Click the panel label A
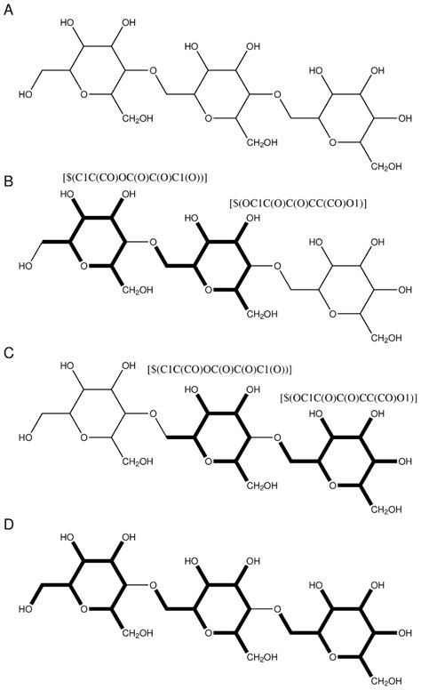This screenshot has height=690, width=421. coord(8,9)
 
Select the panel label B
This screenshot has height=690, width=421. coord(8,181)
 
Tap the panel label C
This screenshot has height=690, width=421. coord(8,353)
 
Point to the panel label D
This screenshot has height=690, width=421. coord(8,525)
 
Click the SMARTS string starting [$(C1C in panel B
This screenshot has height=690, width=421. coord(135,177)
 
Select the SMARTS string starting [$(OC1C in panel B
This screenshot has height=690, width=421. coord(298,204)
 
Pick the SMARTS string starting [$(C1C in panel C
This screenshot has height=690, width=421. coord(219,369)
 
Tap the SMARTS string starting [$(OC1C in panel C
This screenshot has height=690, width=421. coord(348,397)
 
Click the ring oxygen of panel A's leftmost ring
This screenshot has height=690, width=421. coord(84,94)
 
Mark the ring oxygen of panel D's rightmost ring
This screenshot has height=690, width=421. coord(333,657)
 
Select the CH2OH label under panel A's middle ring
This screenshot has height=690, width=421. coord(262,142)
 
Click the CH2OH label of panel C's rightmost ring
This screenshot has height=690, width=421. coord(386,509)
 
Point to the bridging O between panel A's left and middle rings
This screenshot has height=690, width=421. coord(153,70)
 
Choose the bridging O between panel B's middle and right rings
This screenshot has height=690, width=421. coord(277,266)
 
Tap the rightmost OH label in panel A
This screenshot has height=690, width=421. coord(405,118)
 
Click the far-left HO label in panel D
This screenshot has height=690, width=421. coord(26,609)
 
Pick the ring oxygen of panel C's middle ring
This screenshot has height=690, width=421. coord(209,461)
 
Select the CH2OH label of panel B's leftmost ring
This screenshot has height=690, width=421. coord(138,290)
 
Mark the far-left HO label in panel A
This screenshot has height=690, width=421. coord(26,94)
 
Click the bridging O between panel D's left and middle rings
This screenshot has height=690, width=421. coord(153,585)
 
